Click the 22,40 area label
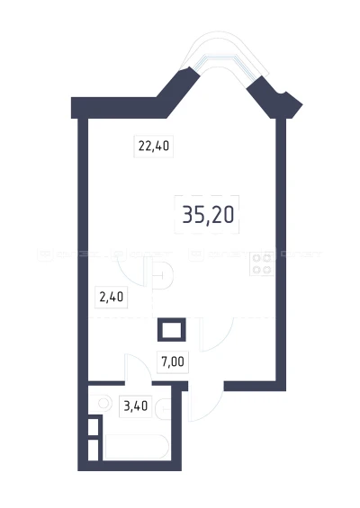154,147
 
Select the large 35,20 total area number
208,215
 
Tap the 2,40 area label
112,297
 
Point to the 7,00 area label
173,361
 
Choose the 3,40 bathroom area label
136,406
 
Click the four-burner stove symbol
262,263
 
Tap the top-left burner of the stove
256,258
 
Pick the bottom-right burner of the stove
267,269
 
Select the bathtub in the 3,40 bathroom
137,447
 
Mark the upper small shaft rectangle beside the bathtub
93,427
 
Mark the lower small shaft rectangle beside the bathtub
93,450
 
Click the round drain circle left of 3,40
103,404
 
